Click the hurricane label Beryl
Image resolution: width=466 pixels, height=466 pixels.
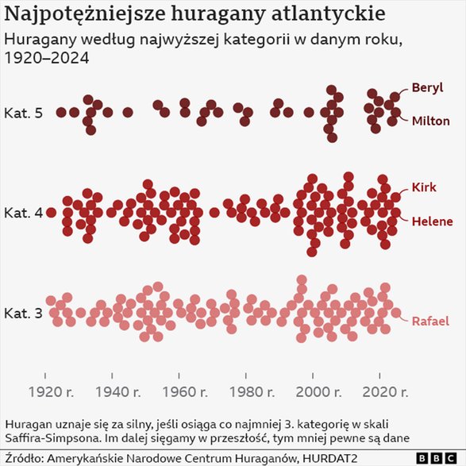click(x=427, y=87)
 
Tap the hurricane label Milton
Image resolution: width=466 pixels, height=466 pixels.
click(x=430, y=121)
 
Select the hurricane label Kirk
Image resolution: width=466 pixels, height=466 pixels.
click(x=424, y=187)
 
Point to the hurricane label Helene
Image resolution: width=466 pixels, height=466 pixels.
click(x=432, y=221)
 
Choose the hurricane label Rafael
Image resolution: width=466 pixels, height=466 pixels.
click(x=430, y=322)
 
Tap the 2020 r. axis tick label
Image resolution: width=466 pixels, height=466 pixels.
click(x=386, y=391)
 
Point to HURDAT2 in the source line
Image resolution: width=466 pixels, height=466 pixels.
click(x=334, y=458)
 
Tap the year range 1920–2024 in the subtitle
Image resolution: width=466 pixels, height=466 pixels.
click(x=46, y=58)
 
